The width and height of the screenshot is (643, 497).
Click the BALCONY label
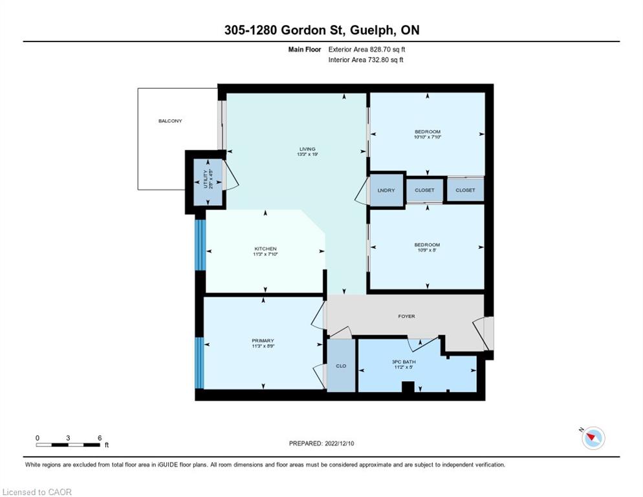[170, 120]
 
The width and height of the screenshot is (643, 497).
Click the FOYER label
[406, 316]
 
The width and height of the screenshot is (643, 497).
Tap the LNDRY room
[386, 190]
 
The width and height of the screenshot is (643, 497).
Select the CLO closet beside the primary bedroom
[341, 365]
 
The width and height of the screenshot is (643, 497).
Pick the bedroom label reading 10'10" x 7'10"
[428, 134]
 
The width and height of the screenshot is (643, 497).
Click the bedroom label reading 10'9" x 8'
[428, 247]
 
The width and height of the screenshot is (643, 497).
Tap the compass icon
[593, 437]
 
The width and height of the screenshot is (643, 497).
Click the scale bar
[68, 445]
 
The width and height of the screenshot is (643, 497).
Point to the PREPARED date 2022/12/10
[321, 443]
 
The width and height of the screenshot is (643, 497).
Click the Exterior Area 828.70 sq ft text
[367, 49]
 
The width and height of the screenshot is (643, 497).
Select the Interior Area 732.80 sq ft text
[365, 60]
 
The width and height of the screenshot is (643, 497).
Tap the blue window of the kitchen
[200, 245]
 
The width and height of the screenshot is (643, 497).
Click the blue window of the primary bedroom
[199, 363]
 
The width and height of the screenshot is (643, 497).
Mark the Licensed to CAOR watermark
[37, 492]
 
